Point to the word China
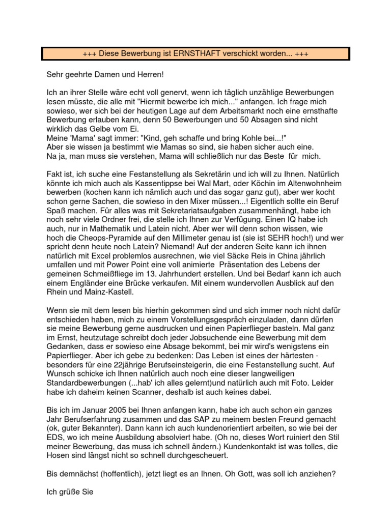click(279, 257)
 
